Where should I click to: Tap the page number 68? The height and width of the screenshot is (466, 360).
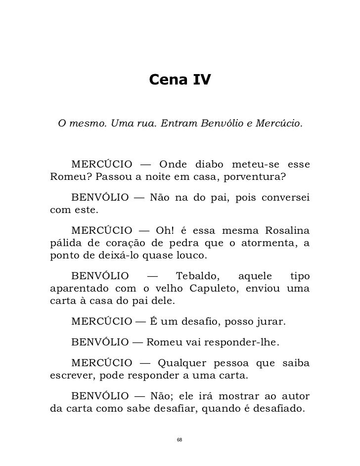tap(180, 440)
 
